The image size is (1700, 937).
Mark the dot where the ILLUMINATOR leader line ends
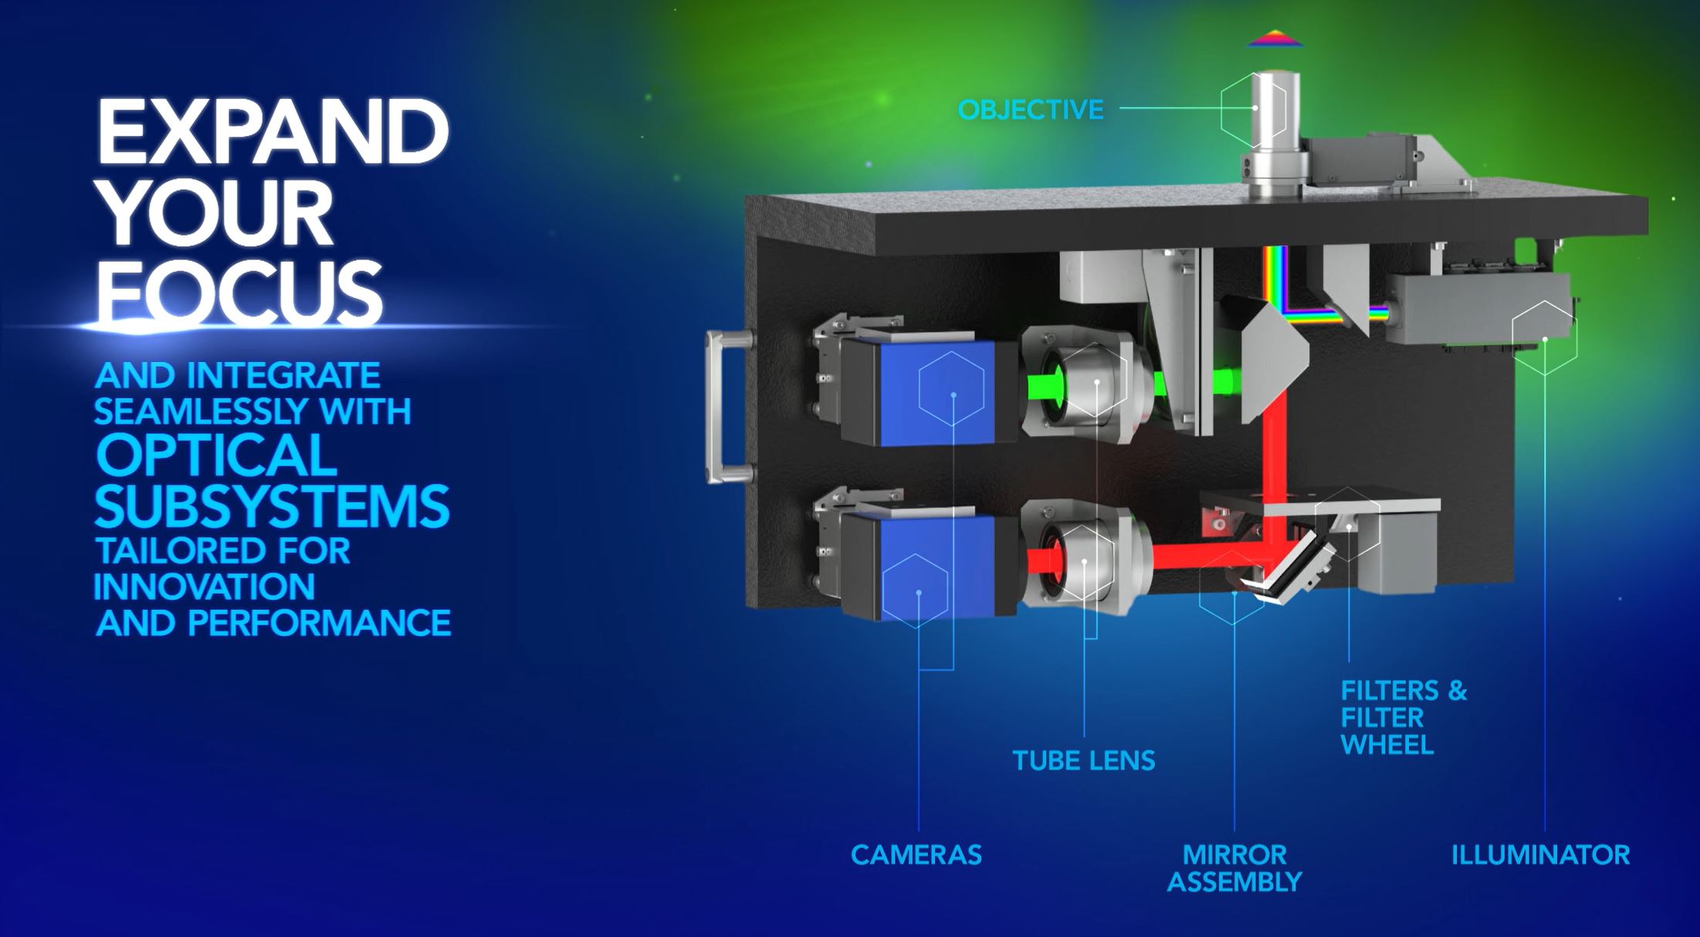click(x=1545, y=339)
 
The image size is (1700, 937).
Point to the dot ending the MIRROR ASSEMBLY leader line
click(x=1234, y=593)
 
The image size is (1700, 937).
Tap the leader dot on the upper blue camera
click(x=954, y=395)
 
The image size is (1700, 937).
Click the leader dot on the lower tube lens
click(x=1085, y=561)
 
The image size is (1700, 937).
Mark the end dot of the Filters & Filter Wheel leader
click(x=1349, y=526)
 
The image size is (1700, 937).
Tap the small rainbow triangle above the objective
click(x=1275, y=39)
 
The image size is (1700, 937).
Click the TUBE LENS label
click(x=1084, y=761)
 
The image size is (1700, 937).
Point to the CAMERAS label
click(x=916, y=854)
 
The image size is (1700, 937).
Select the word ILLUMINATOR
click(x=1541, y=854)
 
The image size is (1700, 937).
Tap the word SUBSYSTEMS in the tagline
click(x=272, y=506)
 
